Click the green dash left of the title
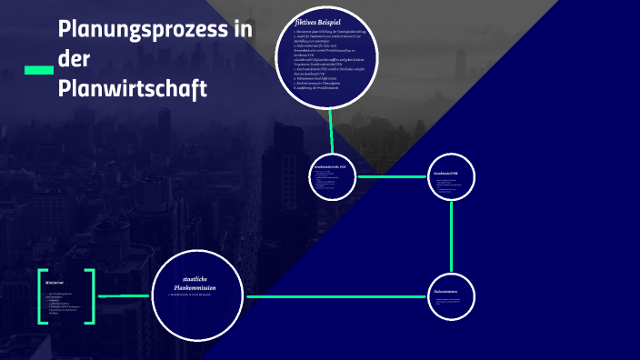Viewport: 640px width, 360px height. click(37, 70)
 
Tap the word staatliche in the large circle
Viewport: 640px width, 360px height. click(197, 277)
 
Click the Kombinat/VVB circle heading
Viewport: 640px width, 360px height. click(445, 172)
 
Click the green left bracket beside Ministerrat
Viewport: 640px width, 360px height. click(42, 295)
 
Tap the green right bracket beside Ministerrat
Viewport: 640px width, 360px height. click(90, 295)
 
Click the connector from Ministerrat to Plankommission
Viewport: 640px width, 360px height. click(123, 295)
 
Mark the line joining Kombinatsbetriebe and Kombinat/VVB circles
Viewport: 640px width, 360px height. click(392, 177)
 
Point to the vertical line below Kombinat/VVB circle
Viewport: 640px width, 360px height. click(452, 235)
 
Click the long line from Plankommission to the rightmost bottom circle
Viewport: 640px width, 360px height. click(336, 296)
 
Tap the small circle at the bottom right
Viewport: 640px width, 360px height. click(453, 297)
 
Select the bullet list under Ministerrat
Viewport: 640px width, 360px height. click(64, 305)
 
